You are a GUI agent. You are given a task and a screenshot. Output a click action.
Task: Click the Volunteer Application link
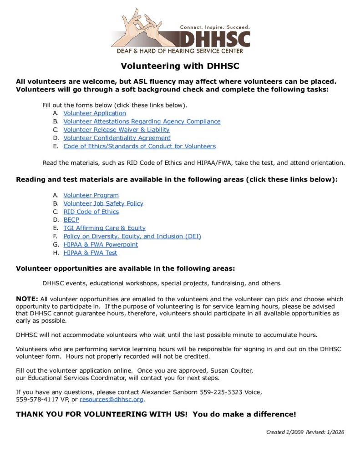95,113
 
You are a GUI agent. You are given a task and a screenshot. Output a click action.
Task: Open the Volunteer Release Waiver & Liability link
117,130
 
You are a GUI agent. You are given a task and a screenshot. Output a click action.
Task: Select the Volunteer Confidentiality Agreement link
117,138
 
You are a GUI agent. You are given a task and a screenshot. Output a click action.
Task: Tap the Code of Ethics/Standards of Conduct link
139,146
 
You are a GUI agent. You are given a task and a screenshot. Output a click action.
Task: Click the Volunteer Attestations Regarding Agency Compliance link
142,122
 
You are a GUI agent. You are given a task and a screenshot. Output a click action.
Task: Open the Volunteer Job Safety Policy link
103,203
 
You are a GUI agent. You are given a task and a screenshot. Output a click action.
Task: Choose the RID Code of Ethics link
91,212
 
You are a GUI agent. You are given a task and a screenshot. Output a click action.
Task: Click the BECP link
71,220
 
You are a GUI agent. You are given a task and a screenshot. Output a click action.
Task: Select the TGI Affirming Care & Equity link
105,228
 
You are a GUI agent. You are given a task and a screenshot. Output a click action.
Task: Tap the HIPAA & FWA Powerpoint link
101,244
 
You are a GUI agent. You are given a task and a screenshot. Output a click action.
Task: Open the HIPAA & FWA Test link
90,253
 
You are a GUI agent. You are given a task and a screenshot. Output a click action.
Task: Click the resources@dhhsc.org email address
112,400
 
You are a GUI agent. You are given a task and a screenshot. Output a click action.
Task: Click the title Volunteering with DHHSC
180,66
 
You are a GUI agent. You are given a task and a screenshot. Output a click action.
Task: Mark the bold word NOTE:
27,299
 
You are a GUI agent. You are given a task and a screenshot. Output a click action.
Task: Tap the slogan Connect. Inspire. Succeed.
215,27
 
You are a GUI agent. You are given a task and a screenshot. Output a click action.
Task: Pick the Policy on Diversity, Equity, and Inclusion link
132,236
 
